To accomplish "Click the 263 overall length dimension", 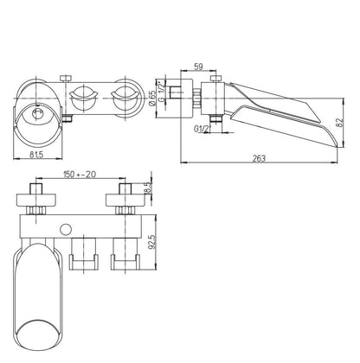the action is click(x=259, y=158).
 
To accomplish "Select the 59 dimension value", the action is click(x=198, y=67).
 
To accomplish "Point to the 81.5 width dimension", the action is click(x=36, y=155).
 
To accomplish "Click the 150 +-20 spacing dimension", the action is click(x=80, y=174).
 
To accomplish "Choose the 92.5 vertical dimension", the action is click(x=152, y=241).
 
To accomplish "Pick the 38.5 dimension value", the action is click(x=147, y=188).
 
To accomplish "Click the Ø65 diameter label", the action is click(x=152, y=98).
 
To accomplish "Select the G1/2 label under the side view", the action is click(x=201, y=129).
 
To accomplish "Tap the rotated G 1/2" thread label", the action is click(x=163, y=92).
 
